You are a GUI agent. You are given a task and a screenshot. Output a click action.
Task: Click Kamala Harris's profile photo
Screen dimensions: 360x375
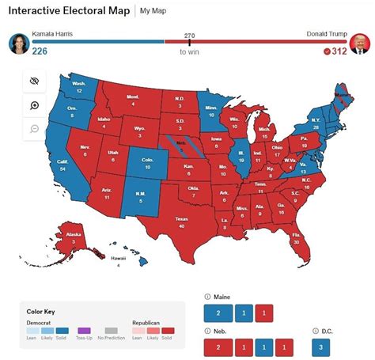[x=18, y=44]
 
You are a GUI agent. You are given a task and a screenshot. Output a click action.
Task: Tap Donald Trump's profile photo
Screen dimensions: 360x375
[x=361, y=44]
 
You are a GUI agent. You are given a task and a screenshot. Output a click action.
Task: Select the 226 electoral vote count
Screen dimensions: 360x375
[x=40, y=51]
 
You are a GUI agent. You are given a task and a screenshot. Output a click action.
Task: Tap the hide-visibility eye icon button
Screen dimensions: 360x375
[x=35, y=81]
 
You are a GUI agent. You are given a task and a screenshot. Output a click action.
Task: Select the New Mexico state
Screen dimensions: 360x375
[x=141, y=198]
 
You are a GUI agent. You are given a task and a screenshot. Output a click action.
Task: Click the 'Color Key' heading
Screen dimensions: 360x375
[x=41, y=311]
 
